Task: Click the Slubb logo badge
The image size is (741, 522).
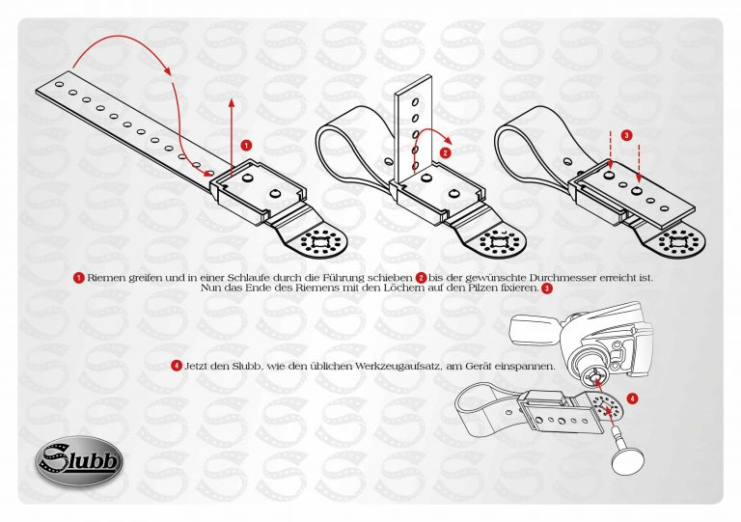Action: pyautogui.click(x=79, y=461)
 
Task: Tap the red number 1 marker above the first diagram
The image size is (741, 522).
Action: pyautogui.click(x=246, y=145)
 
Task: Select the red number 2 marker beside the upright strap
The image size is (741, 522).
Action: pyautogui.click(x=445, y=152)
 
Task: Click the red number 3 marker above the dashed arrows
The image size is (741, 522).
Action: pyautogui.click(x=626, y=136)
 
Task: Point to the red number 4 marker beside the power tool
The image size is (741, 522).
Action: pyautogui.click(x=632, y=398)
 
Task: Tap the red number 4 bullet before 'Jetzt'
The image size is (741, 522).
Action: pyautogui.click(x=177, y=366)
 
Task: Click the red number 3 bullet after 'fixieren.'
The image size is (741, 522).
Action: pyautogui.click(x=547, y=288)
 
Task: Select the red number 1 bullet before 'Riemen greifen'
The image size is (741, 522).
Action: pyautogui.click(x=79, y=278)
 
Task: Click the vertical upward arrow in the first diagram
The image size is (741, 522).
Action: pyautogui.click(x=232, y=138)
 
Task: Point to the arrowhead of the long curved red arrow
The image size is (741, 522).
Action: pyautogui.click(x=207, y=174)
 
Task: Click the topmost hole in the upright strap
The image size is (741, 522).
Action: pyautogui.click(x=415, y=101)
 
